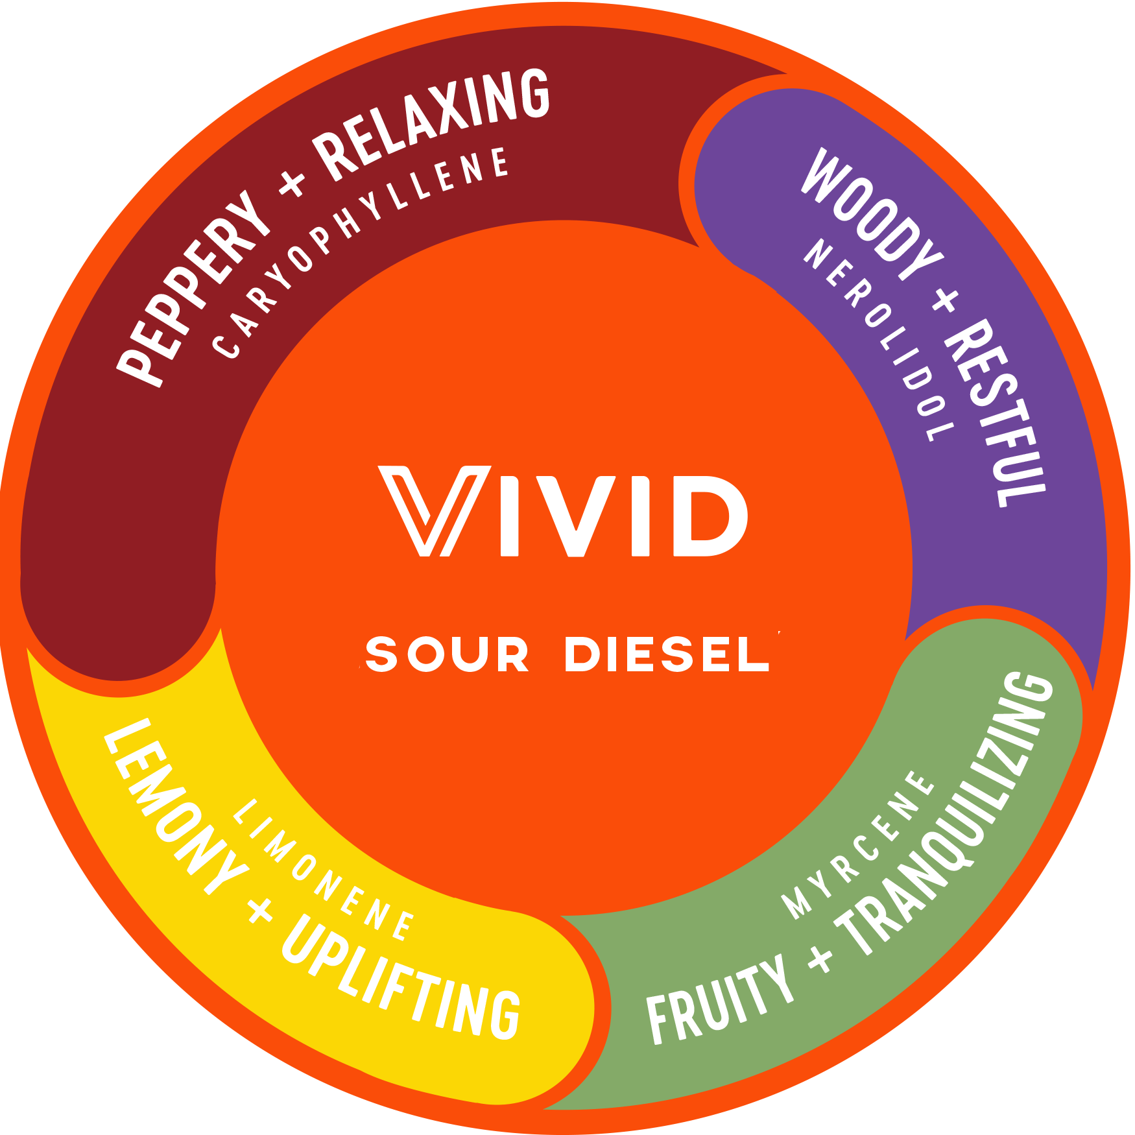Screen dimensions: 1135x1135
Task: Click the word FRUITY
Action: point(720,1002)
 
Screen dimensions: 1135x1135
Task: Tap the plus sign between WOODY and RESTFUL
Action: point(944,300)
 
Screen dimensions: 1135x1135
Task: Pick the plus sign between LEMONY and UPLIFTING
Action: point(261,911)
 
